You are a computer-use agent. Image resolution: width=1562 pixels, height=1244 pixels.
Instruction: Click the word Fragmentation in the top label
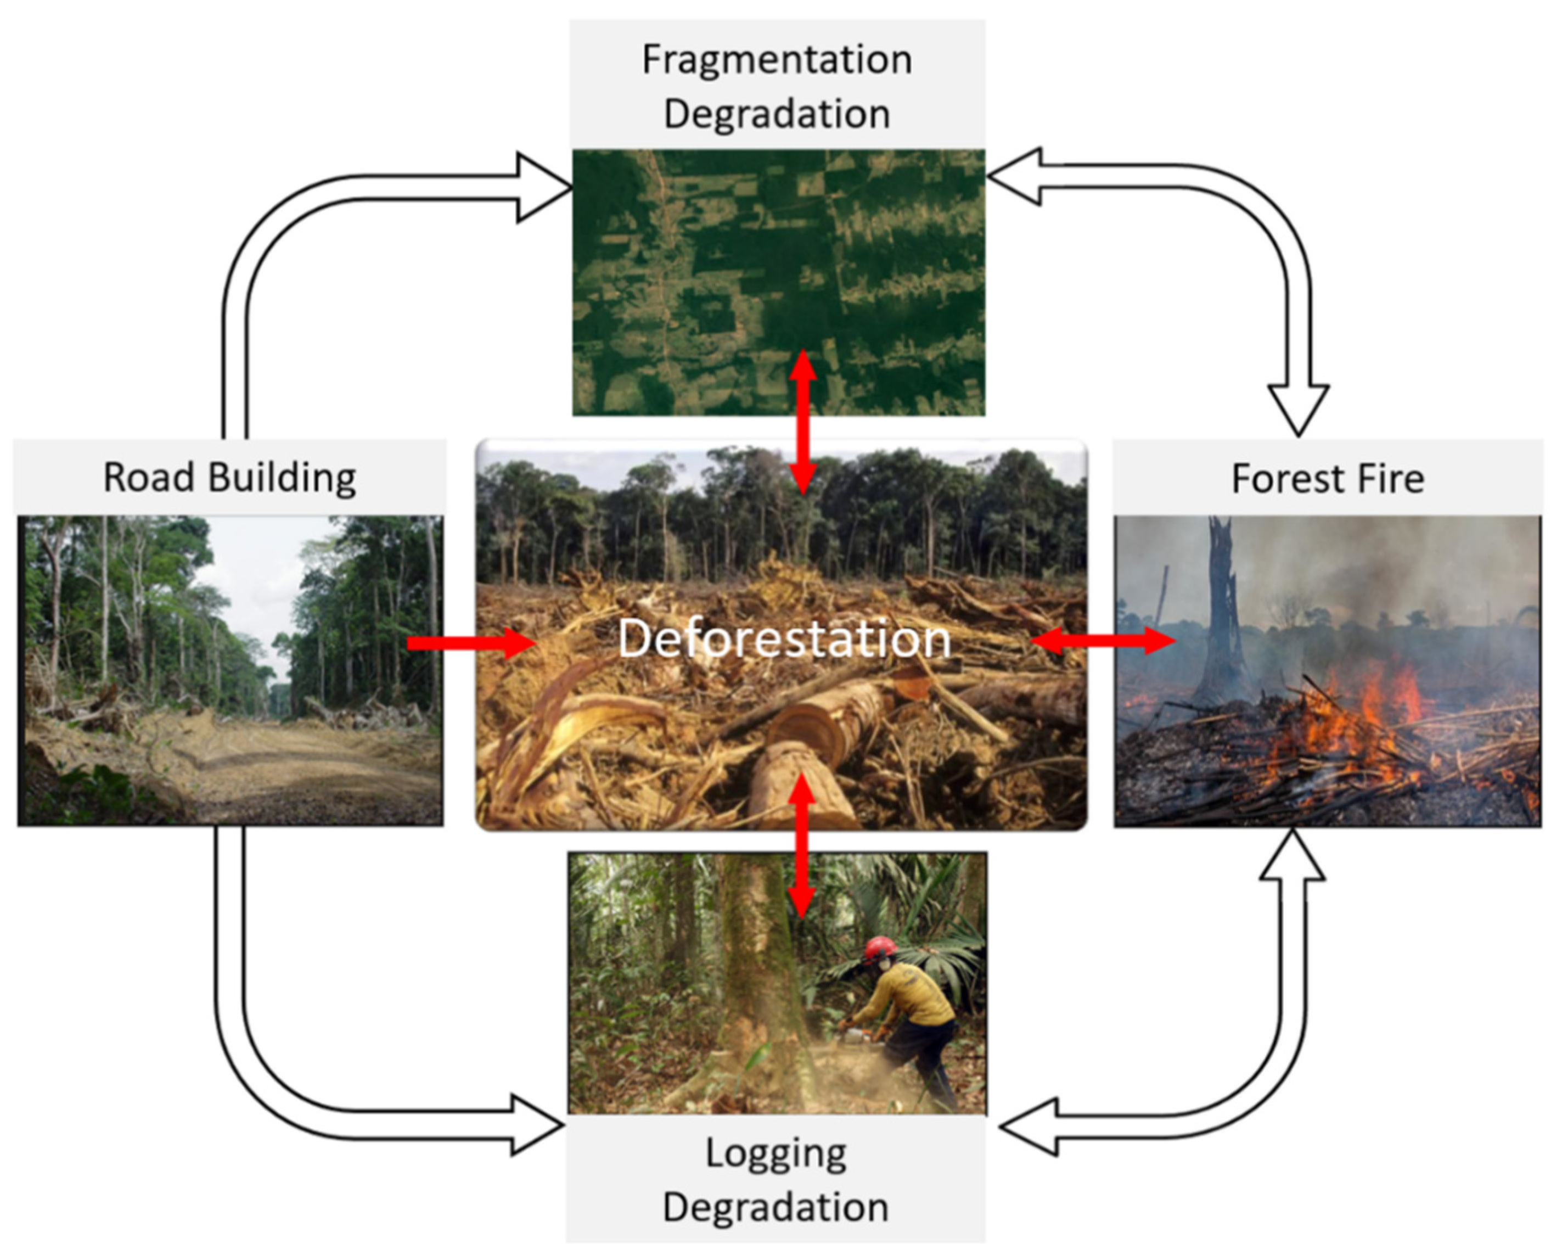[777, 59]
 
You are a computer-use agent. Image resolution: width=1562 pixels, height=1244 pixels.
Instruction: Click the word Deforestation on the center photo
[784, 639]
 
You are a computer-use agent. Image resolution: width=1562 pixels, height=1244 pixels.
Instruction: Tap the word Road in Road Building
[149, 478]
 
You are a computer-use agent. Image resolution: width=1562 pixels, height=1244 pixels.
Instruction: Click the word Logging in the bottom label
[776, 1154]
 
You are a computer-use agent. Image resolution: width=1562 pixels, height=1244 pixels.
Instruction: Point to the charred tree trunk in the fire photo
[1223, 616]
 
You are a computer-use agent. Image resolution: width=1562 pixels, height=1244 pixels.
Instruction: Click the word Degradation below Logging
[775, 1208]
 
